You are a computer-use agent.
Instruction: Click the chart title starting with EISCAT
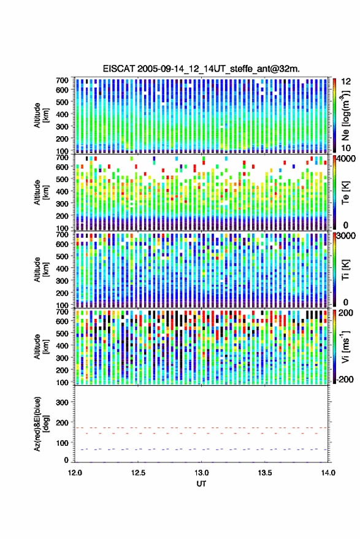[x=201, y=69]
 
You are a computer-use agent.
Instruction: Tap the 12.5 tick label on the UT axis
[x=138, y=473]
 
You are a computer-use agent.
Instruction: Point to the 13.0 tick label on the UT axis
[x=201, y=473]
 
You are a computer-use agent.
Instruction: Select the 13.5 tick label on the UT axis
[x=264, y=473]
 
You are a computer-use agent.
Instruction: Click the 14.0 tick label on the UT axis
[x=328, y=473]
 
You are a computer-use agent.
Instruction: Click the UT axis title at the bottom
[x=201, y=484]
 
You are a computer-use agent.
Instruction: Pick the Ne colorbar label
[x=345, y=115]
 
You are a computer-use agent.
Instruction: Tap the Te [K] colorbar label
[x=345, y=193]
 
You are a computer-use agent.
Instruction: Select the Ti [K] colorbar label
[x=345, y=270]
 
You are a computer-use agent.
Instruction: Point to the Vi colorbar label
[x=345, y=346]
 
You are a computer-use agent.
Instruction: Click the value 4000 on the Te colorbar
[x=346, y=159]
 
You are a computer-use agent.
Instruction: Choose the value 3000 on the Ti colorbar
[x=346, y=236]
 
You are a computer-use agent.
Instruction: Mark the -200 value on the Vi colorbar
[x=345, y=380]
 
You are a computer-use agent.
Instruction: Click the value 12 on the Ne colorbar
[x=346, y=82]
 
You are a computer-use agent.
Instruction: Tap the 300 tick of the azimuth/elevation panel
[x=62, y=402]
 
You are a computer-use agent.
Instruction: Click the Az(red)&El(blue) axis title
[x=41, y=424]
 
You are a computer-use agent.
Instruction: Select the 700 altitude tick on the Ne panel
[x=62, y=80]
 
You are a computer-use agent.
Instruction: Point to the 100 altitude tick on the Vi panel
[x=62, y=382]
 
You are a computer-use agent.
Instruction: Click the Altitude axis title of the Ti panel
[x=41, y=270]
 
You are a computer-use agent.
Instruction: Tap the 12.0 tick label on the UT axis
[x=75, y=473]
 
